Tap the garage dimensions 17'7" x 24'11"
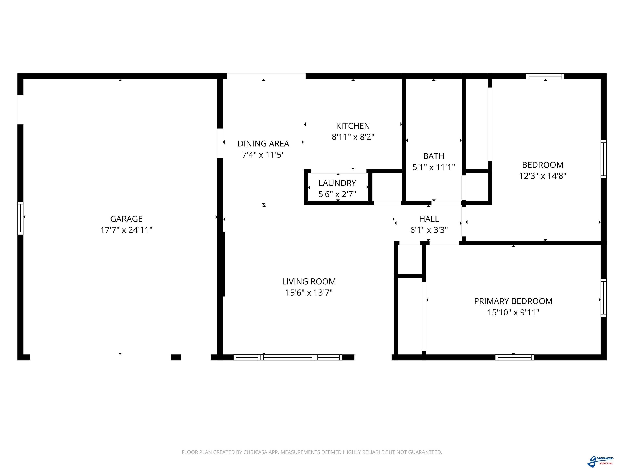pyautogui.click(x=126, y=230)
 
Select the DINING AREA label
pyautogui.click(x=263, y=144)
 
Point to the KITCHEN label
pyautogui.click(x=353, y=126)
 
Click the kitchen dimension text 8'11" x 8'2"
pyautogui.click(x=353, y=137)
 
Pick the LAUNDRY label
pyautogui.click(x=337, y=183)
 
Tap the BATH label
pyautogui.click(x=434, y=156)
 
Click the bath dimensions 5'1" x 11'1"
pyautogui.click(x=434, y=167)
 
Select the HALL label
pyautogui.click(x=429, y=219)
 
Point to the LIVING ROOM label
pyautogui.click(x=309, y=282)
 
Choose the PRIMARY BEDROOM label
pyautogui.click(x=513, y=301)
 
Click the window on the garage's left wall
pyautogui.click(x=20, y=218)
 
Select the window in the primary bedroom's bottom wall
pyautogui.click(x=515, y=357)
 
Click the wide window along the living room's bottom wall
pyautogui.click(x=288, y=357)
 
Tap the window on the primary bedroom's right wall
pyautogui.click(x=603, y=298)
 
